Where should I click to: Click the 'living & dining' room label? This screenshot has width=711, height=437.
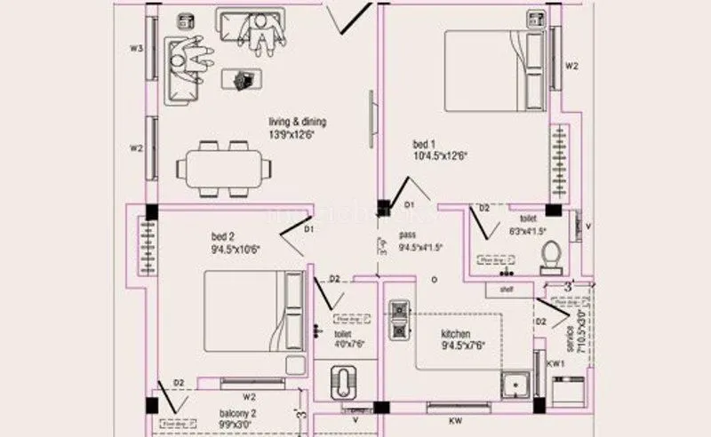295,122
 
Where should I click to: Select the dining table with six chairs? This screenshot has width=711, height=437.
222,166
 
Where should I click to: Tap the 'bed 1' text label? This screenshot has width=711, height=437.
424,143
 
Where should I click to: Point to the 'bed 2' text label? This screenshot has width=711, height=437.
222,236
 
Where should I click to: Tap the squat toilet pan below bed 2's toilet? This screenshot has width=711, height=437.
343,383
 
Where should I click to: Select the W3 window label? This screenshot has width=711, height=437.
136,49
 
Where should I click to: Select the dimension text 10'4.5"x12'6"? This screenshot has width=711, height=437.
439,155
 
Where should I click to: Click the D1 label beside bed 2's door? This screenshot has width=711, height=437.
308,230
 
